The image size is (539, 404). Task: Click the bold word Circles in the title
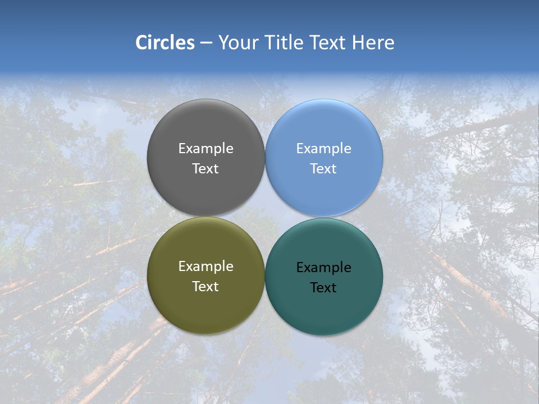tap(165, 43)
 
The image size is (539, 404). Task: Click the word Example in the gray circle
tap(205, 149)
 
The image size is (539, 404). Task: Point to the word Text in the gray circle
tap(205, 169)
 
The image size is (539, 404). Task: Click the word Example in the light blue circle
tap(323, 149)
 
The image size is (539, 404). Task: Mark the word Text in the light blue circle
tap(323, 169)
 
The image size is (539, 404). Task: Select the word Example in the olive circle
tap(205, 267)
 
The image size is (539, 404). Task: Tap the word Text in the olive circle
tap(205, 287)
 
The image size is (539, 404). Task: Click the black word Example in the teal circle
tap(323, 268)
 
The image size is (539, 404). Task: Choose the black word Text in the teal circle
tap(323, 288)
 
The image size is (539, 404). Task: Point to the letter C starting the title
tap(141, 43)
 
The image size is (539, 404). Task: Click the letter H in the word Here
tap(358, 43)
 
